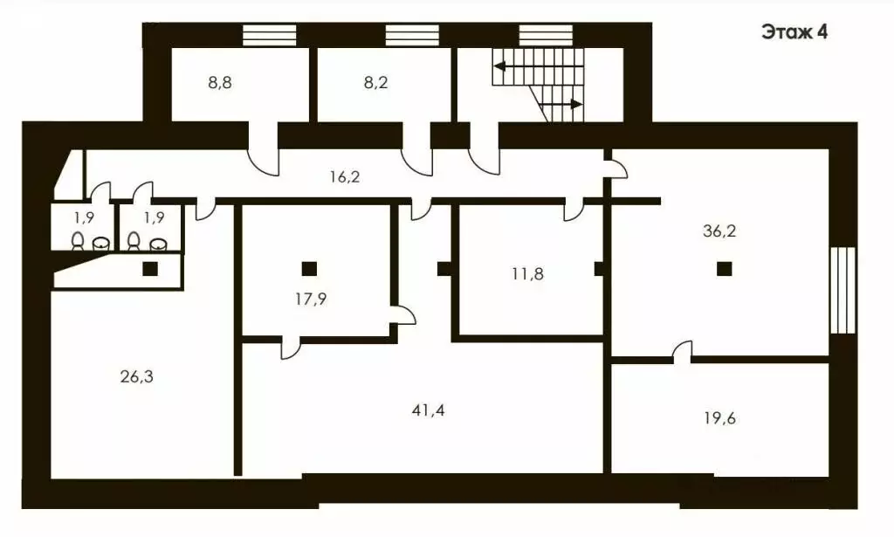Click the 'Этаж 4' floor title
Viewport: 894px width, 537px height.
[x=794, y=32]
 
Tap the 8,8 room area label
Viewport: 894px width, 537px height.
[x=219, y=83]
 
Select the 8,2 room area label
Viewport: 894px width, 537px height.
[x=375, y=83]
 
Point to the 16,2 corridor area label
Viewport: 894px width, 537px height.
[x=345, y=177]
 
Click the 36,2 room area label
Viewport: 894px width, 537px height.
[x=719, y=231]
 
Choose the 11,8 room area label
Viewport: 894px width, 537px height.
[x=527, y=274]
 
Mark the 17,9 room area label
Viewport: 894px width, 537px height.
[x=311, y=299]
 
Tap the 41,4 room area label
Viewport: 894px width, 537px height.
[x=428, y=410]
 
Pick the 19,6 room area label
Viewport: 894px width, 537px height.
[x=719, y=419]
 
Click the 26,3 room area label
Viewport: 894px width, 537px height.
[x=137, y=377]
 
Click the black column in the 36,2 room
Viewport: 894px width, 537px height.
[x=724, y=268]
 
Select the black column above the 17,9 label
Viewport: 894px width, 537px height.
[x=309, y=268]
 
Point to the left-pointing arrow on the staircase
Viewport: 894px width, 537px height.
[x=539, y=66]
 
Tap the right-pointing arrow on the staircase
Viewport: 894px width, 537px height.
[x=560, y=104]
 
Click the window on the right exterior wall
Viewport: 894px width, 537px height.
[x=842, y=290]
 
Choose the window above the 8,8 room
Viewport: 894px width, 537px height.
[x=270, y=35]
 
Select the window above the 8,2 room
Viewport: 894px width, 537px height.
[x=412, y=35]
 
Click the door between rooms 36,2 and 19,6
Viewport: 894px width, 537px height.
[x=682, y=352]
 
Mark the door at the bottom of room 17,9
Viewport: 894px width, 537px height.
[x=290, y=348]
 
